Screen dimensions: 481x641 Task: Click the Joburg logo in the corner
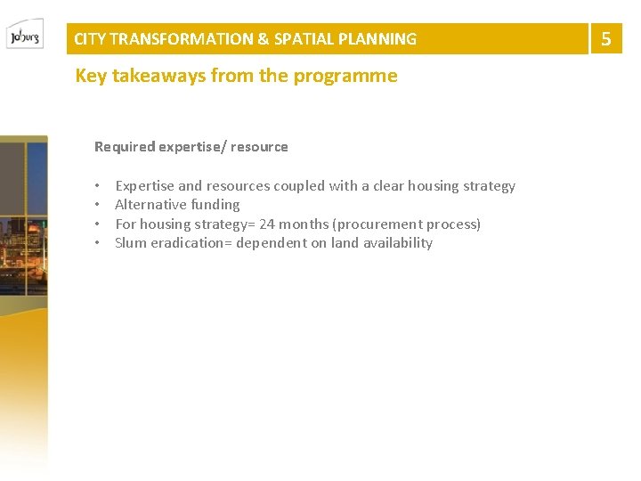(24, 35)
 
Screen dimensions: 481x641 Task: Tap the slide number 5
(606, 38)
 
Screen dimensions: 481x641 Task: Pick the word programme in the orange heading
(353, 77)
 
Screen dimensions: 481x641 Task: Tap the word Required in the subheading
(125, 147)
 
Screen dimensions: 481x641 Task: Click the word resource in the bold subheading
(259, 147)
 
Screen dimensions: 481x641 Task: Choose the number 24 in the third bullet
(267, 224)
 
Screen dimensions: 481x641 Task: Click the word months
(304, 224)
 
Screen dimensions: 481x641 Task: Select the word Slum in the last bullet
(130, 242)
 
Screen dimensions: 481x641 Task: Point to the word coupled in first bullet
(299, 186)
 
